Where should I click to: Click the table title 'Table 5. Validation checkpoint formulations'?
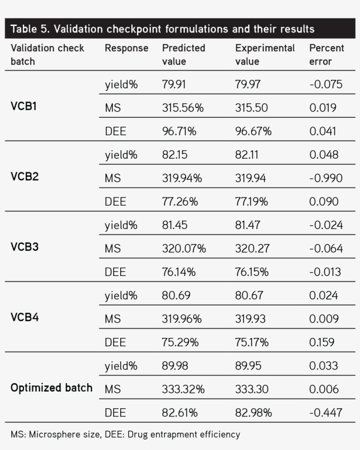pos(162,29)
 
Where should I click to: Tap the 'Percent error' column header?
pos(327,54)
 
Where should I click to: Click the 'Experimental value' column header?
pos(265,54)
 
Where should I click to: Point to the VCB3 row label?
pos(25,247)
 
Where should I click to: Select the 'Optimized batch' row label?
pos(51,388)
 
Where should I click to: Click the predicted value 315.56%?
pos(183,108)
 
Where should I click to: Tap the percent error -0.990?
pos(326,178)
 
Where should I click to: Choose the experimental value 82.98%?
pos(253,413)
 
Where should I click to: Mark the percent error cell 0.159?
pos(321,342)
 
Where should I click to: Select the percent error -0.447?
pos(326,413)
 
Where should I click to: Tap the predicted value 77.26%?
pos(180,202)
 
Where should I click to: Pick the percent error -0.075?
pos(326,84)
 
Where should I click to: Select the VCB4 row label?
pos(25,317)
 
